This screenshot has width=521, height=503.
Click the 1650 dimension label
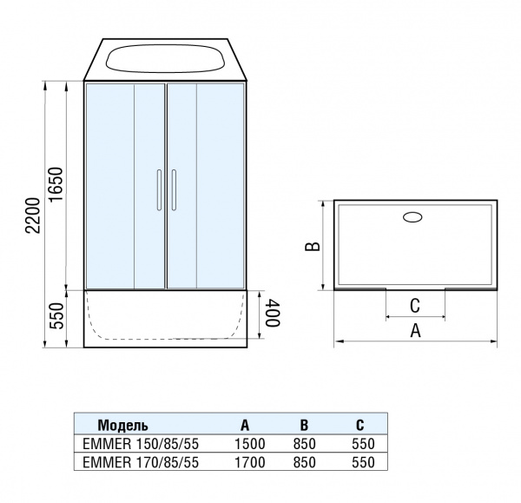coord(57,185)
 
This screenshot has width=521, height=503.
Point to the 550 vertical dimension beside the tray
coord(57,319)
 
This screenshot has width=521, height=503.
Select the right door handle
coord(174,189)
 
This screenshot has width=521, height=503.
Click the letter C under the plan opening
coord(415,306)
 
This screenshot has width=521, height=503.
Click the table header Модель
coord(122,426)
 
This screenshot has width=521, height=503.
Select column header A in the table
coord(245,426)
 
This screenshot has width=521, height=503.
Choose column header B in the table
coord(304,426)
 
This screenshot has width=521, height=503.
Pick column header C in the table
coord(359,426)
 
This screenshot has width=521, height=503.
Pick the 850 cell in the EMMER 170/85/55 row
coord(305,463)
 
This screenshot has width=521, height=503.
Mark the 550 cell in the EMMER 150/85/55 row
coord(360,444)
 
